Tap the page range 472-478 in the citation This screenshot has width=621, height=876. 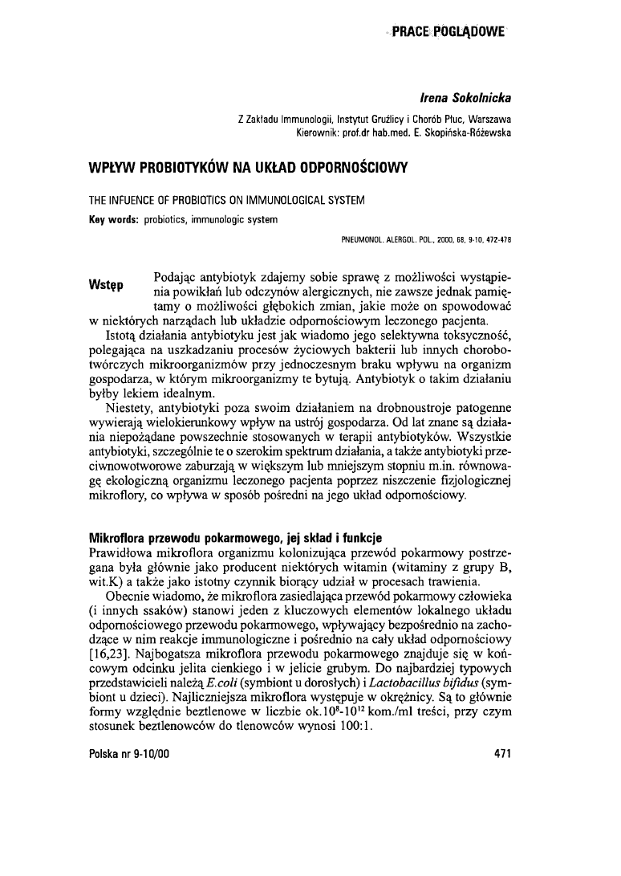(x=497, y=239)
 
